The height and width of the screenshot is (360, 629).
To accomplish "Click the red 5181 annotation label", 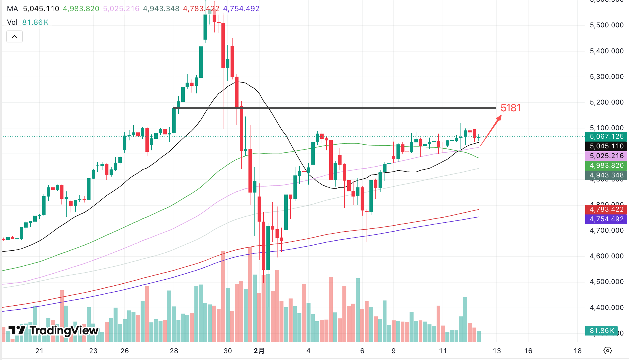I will click(510, 108).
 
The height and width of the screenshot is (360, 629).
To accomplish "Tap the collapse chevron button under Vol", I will click(15, 36).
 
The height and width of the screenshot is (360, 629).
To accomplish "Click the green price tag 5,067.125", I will click(606, 136).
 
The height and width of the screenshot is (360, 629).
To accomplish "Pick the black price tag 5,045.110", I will click(606, 146).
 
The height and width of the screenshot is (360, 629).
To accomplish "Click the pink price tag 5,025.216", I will click(606, 156).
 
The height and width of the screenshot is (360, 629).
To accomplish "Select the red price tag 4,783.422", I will click(606, 209).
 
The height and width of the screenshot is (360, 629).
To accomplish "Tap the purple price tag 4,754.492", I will click(606, 219).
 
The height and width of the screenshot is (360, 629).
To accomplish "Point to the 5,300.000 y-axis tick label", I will click(607, 77).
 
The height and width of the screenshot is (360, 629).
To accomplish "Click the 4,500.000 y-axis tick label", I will click(607, 282).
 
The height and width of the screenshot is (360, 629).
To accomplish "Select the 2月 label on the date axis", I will click(259, 351).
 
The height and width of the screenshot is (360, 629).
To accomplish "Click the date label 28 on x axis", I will click(174, 351).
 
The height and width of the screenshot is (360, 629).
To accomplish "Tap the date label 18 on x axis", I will click(577, 351).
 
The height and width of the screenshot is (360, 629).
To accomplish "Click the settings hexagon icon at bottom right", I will click(607, 351).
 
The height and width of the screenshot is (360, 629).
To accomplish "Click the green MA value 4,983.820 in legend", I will click(81, 9).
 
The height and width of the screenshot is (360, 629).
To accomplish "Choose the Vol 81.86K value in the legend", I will click(35, 22).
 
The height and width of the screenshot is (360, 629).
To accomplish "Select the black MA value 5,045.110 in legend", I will click(41, 9).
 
